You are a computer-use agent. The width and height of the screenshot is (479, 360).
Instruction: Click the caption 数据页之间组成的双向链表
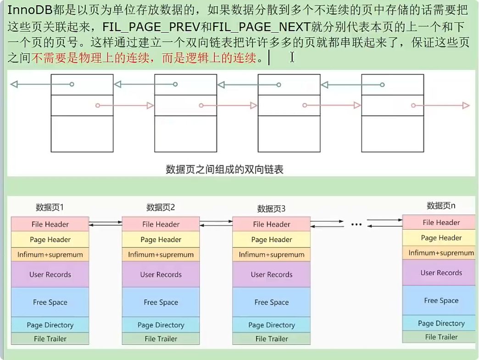(x=224, y=169)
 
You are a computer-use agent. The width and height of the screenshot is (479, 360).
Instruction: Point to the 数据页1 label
(x=50, y=207)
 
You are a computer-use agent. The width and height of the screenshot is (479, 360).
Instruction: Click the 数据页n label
(x=441, y=205)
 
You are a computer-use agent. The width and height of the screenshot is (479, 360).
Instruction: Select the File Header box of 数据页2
(x=161, y=225)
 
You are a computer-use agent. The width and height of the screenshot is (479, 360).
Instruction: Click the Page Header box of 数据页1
(x=50, y=240)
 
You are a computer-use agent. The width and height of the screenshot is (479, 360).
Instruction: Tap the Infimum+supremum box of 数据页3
(x=272, y=255)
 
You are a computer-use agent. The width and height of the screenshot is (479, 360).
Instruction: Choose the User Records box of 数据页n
(x=441, y=273)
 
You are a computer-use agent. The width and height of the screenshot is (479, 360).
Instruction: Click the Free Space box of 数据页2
(x=161, y=302)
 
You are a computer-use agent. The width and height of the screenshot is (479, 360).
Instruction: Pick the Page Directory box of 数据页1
(x=50, y=325)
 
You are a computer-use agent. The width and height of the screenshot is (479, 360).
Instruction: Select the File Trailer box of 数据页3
(x=272, y=339)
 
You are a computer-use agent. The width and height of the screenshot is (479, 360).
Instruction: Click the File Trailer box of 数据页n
(x=441, y=337)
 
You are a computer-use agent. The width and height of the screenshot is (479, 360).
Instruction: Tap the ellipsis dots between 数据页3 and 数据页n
(x=356, y=225)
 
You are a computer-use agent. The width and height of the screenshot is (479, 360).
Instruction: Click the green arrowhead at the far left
(x=14, y=84)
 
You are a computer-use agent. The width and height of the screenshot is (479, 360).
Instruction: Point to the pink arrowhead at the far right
(x=466, y=106)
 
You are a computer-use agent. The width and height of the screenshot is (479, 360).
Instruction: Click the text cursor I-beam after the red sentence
(x=292, y=57)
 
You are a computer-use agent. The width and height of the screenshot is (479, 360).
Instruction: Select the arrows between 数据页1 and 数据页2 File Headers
(x=105, y=225)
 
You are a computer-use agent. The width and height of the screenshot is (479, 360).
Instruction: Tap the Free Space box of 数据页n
(x=441, y=301)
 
